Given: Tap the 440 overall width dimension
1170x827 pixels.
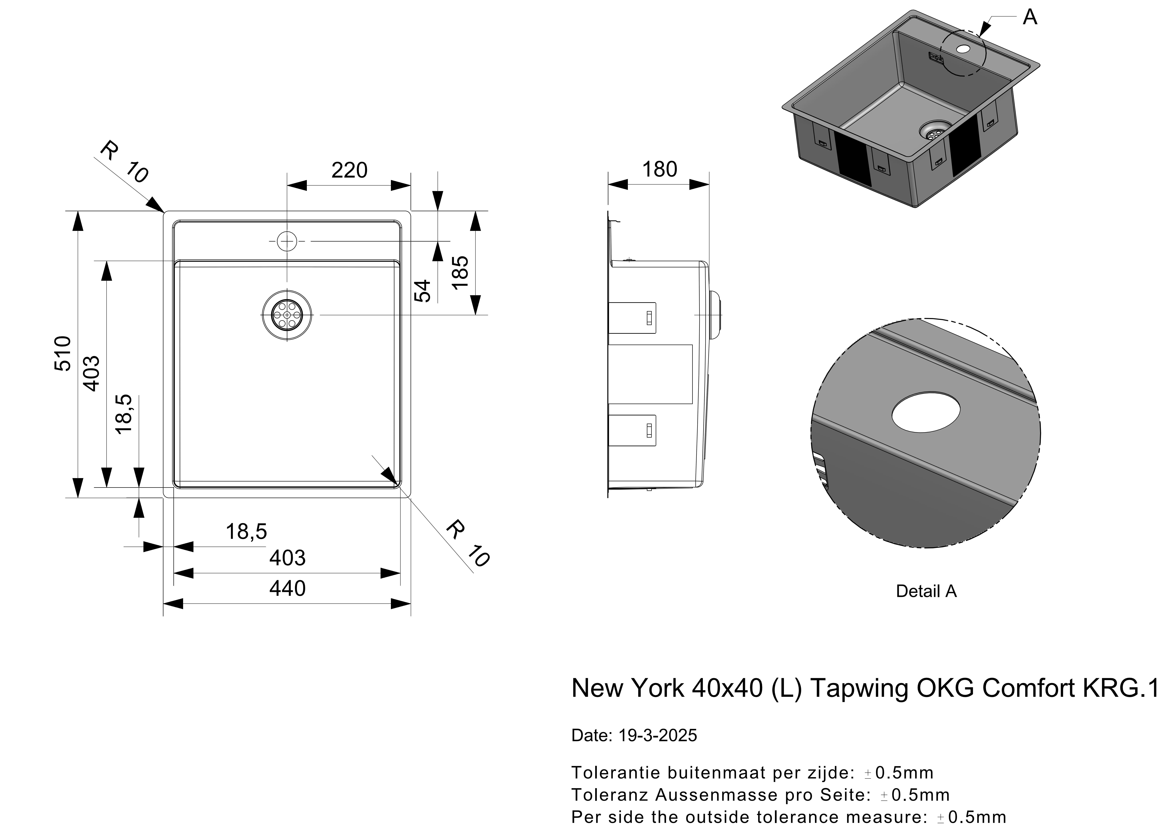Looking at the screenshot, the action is pyautogui.click(x=287, y=588).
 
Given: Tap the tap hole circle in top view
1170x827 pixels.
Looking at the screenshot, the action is pyautogui.click(x=287, y=241).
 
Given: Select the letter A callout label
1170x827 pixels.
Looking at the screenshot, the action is pyautogui.click(x=1030, y=17).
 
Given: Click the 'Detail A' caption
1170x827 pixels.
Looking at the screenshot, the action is pyautogui.click(x=926, y=591).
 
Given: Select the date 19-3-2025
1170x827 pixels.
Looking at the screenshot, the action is pyautogui.click(x=658, y=735).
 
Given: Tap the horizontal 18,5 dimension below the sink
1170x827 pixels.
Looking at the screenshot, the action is pyautogui.click(x=246, y=531).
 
